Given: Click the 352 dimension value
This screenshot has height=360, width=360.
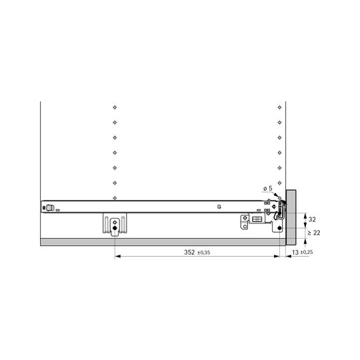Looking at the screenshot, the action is click(x=189, y=252).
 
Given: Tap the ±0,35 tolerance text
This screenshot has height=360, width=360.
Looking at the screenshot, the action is click(x=203, y=253).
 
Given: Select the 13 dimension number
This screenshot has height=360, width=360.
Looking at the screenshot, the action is click(x=295, y=252).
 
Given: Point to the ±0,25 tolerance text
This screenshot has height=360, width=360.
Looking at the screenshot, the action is click(x=307, y=252).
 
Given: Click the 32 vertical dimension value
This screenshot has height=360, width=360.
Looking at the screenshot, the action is click(x=312, y=219).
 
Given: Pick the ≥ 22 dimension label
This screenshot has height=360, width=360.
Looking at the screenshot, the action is click(x=314, y=233).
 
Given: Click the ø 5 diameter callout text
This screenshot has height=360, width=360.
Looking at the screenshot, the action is click(x=268, y=189).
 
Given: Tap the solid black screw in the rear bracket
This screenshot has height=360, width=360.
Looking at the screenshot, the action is click(x=115, y=228).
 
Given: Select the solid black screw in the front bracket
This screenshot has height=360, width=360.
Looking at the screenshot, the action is click(x=279, y=228).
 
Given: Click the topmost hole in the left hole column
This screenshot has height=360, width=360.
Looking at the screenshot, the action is click(x=115, y=107).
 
